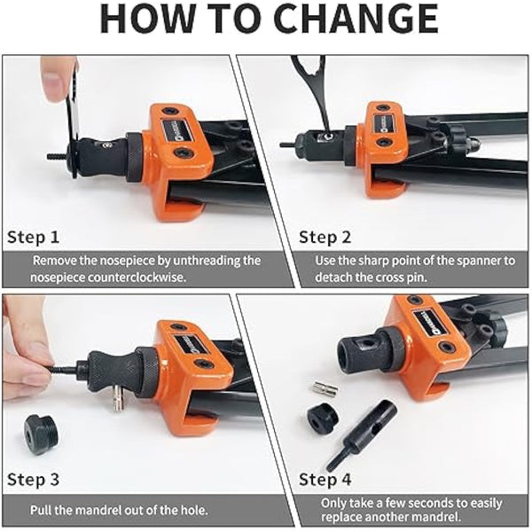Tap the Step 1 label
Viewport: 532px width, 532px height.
[34, 237]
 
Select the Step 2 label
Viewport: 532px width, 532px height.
[325, 237]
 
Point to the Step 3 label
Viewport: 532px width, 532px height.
[34, 480]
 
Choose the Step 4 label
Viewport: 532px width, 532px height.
[325, 480]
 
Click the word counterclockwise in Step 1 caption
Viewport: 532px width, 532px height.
[137, 278]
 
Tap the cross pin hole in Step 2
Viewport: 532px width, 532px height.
[326, 136]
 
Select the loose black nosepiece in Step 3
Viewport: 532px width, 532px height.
[41, 434]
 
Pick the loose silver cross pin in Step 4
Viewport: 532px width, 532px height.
[324, 389]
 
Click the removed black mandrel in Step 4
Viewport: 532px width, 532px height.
[361, 435]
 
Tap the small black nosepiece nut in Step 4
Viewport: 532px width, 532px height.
[323, 417]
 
